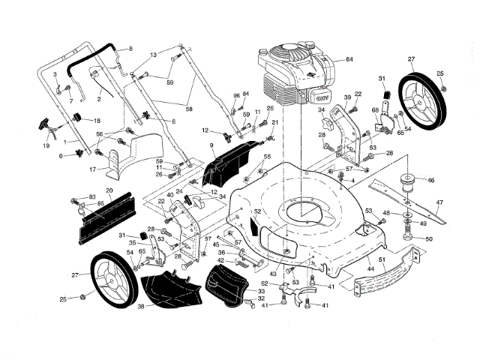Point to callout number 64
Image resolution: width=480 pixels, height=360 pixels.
click(349, 59)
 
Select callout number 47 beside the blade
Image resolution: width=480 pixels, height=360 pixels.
click(440, 202)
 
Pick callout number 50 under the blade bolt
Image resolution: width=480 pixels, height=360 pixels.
click(429, 239)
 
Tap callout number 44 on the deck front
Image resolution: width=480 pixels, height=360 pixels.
click(370, 268)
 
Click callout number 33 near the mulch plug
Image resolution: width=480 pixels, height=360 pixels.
click(262, 291)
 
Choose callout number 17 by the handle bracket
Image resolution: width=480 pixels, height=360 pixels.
click(92, 169)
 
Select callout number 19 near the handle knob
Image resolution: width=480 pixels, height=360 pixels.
click(46, 145)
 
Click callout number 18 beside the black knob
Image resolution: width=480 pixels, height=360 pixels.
click(96, 121)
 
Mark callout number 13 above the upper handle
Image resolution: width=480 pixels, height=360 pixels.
click(153, 55)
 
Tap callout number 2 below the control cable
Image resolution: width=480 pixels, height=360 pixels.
click(99, 98)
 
